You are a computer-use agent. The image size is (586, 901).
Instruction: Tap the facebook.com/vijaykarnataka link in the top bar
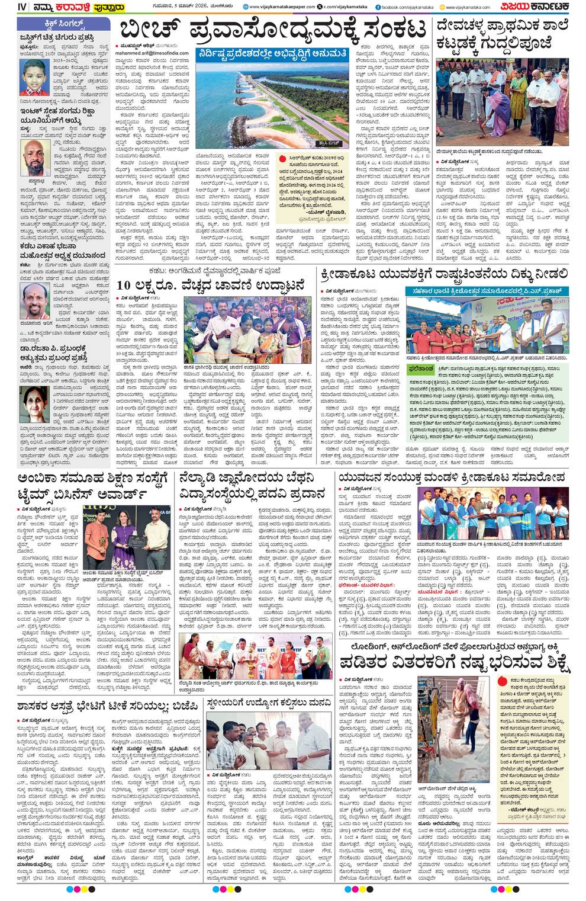pos(409,7)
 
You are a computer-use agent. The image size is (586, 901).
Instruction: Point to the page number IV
pos(7,7)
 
